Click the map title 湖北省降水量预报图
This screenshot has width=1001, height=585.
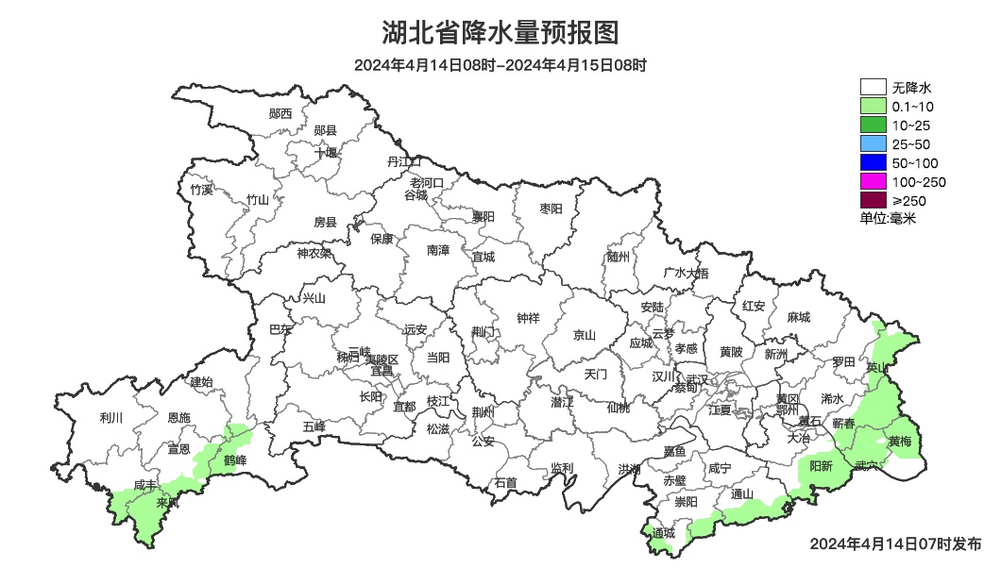click(x=500, y=33)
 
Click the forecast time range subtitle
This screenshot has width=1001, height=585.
click(x=500, y=66)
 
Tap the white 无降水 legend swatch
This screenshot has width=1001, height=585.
click(x=873, y=88)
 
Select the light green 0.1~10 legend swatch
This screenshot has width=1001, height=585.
click(x=873, y=107)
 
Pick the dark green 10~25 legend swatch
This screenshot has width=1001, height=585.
click(x=873, y=125)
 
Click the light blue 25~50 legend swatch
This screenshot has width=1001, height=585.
click(x=873, y=144)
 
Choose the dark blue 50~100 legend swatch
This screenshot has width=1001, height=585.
click(x=873, y=163)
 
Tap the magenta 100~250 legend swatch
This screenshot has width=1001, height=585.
click(x=873, y=182)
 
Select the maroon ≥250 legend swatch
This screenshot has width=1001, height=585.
click(x=873, y=200)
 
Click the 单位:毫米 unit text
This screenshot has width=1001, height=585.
click(x=888, y=219)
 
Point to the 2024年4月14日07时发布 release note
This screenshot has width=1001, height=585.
click(x=895, y=544)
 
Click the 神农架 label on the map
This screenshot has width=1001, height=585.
click(x=314, y=253)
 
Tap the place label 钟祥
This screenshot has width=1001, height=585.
click(x=528, y=318)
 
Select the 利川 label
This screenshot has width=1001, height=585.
click(x=111, y=417)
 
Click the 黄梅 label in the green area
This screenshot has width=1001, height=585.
click(x=900, y=442)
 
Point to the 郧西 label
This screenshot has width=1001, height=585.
click(x=280, y=113)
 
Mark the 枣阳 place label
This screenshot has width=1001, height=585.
click(x=551, y=208)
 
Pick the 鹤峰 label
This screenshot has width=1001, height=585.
click(x=235, y=460)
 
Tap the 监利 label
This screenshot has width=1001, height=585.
click(x=562, y=468)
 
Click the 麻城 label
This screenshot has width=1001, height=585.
click(x=799, y=318)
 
